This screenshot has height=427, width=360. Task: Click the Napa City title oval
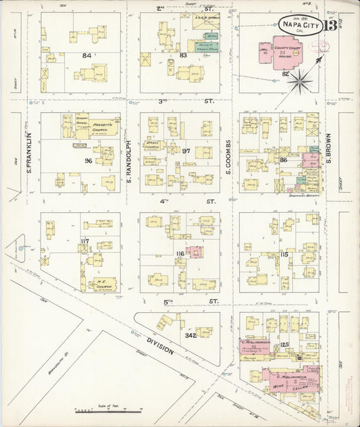(x=293, y=25)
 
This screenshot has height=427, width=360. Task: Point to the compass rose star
(x=297, y=81)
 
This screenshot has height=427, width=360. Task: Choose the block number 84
(x=86, y=55)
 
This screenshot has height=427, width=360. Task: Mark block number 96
(x=87, y=161)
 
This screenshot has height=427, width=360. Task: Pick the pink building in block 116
(x=195, y=253)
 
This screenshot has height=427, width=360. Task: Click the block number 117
(x=84, y=241)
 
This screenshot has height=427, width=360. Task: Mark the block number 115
(x=284, y=254)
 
